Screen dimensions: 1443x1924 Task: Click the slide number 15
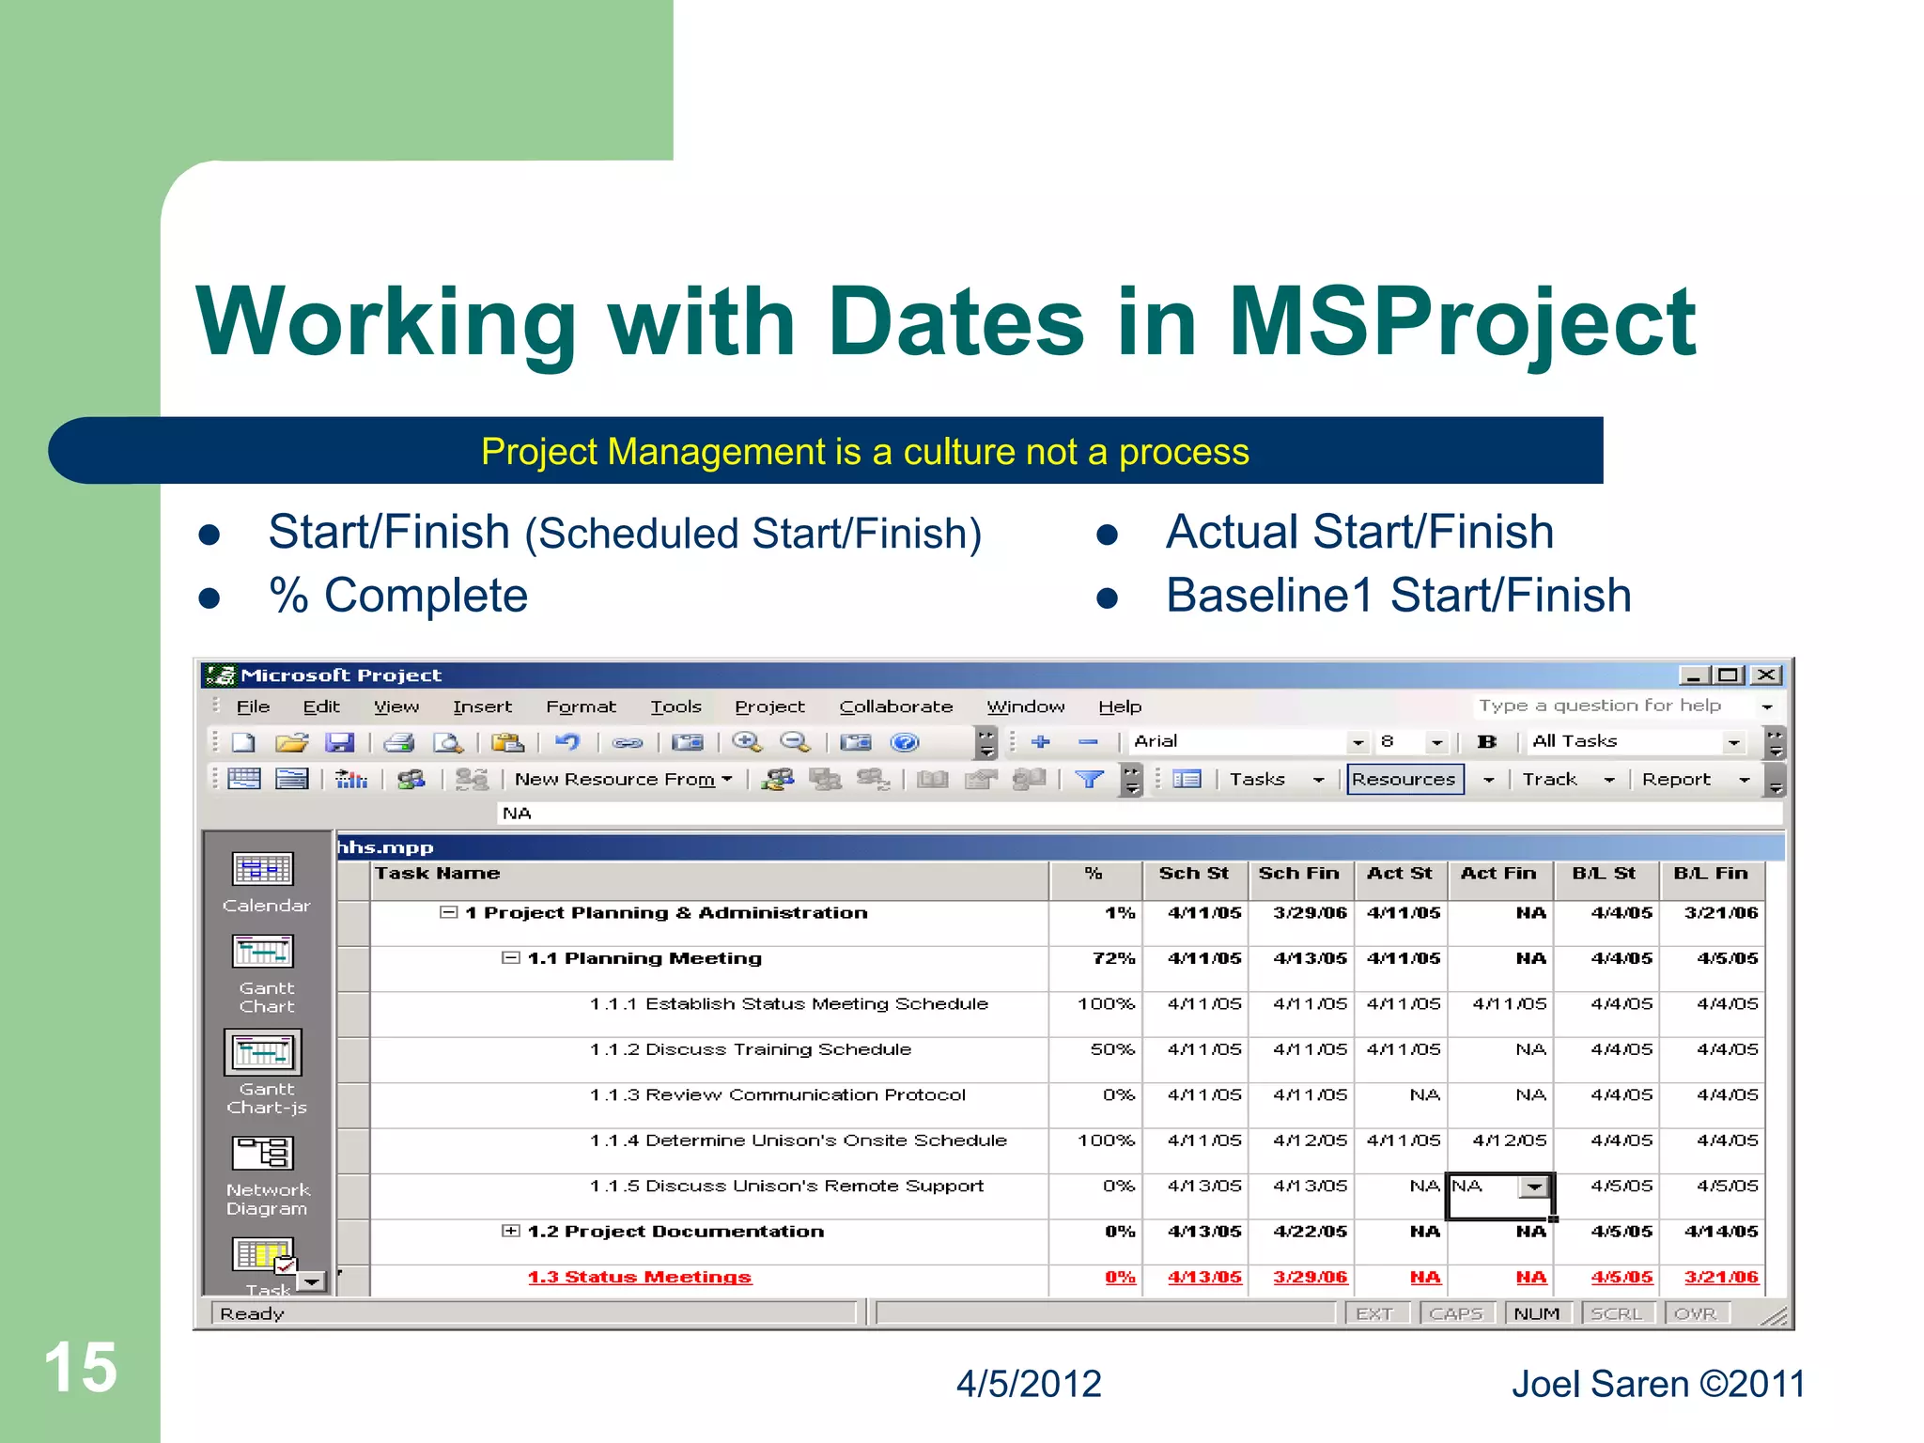click(x=81, y=1368)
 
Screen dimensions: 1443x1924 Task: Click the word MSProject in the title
click(x=1462, y=322)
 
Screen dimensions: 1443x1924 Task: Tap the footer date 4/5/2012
click(x=1029, y=1384)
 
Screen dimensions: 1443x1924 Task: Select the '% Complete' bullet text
click(x=398, y=596)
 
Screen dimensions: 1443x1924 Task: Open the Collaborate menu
click(x=895, y=706)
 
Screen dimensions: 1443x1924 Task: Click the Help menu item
click(x=1120, y=706)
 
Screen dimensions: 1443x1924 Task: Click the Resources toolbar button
click(x=1404, y=779)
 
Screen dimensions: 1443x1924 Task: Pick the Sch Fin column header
click(x=1299, y=874)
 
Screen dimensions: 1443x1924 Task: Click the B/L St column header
click(x=1604, y=874)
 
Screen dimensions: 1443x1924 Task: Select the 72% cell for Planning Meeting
click(x=1113, y=958)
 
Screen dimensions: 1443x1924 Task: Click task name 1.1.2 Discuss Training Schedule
click(x=750, y=1049)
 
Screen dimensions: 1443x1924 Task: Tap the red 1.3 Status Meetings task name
click(x=639, y=1278)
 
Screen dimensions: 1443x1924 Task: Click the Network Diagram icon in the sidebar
click(x=263, y=1154)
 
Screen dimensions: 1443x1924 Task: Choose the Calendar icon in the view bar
click(x=263, y=870)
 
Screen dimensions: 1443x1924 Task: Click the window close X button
click(x=1766, y=675)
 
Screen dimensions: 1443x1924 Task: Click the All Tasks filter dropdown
click(x=1636, y=742)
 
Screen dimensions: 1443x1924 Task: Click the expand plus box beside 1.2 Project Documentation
click(x=510, y=1231)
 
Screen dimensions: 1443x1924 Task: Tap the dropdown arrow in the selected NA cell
click(x=1534, y=1187)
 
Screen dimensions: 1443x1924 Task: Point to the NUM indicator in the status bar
click(x=1537, y=1313)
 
